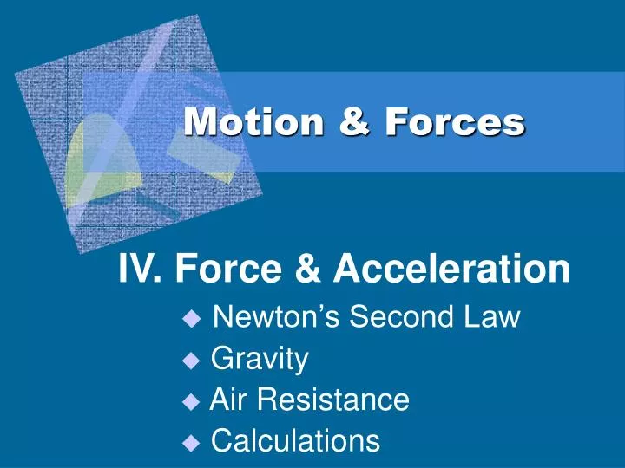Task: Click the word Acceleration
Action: (451, 270)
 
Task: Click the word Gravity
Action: (260, 359)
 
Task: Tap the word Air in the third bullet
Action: (227, 400)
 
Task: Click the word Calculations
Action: (295, 441)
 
